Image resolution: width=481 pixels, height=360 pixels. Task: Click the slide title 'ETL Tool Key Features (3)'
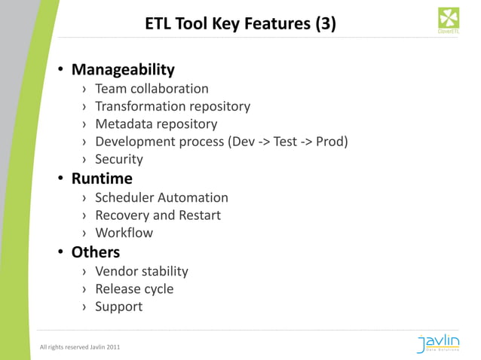[x=240, y=24]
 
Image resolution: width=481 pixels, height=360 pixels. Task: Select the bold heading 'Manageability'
[x=123, y=70]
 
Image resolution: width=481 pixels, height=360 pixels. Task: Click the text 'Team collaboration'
[x=152, y=89]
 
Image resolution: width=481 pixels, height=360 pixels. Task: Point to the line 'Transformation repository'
[x=172, y=106]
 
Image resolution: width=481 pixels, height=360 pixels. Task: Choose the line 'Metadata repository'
[x=155, y=124]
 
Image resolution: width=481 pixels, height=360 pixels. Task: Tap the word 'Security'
[x=118, y=159]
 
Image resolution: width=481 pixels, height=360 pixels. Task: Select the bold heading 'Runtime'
[x=102, y=179]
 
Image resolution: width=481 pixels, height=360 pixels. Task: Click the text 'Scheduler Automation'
[x=161, y=197]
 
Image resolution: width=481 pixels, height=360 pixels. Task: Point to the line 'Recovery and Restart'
[x=158, y=215]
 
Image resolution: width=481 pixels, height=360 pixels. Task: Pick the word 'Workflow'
[x=124, y=233]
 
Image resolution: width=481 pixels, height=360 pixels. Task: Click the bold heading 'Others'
[x=96, y=252]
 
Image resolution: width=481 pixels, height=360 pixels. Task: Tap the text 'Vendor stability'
[x=141, y=271]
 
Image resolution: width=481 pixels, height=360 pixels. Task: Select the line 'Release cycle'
[x=134, y=289]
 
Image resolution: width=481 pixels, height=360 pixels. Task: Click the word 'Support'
[x=118, y=307]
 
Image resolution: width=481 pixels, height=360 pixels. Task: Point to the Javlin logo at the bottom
[x=437, y=343]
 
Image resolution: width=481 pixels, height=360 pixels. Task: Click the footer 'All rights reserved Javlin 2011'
[x=79, y=346]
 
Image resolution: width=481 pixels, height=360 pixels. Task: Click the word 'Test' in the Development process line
[x=285, y=142]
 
